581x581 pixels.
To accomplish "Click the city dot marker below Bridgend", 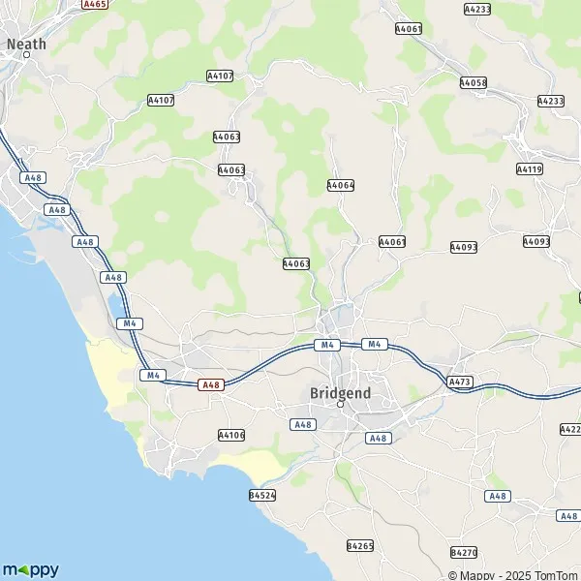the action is pos(340,405).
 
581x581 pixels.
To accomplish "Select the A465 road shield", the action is pos(94,5).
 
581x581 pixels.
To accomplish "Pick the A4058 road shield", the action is pos(474,83).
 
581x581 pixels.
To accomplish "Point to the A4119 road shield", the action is pos(530,168).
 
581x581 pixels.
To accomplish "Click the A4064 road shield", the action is pos(341,185).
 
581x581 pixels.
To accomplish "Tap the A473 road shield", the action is pos(460,382).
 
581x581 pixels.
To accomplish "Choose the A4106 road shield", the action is pos(231,435).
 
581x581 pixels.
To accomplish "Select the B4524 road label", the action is pos(262,495).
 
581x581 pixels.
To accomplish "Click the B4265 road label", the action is pos(359,546).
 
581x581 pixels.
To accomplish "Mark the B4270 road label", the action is pos(464,552).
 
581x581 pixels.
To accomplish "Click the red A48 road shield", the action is pos(211,384).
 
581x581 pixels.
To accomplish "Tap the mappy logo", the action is pos(31,569).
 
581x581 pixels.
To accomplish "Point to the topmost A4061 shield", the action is pos(409,30).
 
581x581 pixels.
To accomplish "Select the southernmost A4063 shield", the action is pos(296,263).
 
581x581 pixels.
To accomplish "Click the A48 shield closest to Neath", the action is pos(35,177).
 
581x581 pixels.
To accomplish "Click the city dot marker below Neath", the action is pos(27,55).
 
